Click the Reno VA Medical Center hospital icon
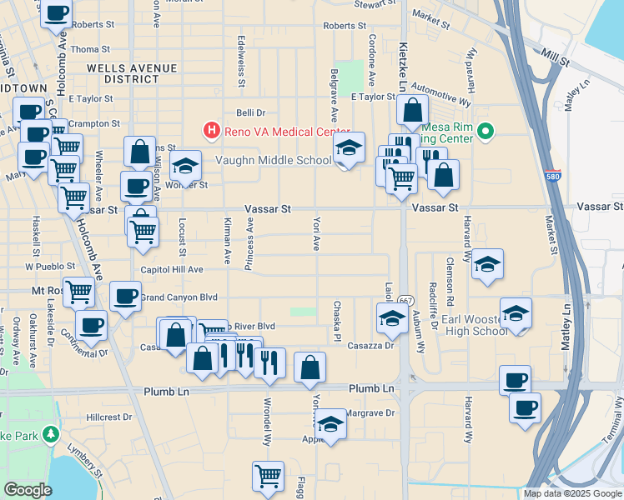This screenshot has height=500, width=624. coord(212,131)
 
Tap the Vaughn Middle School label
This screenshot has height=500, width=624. coord(274,161)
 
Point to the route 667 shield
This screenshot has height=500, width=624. coord(405,299)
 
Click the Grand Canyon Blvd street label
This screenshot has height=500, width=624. coord(179,297)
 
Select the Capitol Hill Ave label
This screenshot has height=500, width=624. coord(172,270)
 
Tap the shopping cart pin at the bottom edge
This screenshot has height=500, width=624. coord(268,476)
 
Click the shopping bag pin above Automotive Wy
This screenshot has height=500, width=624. coord(412,109)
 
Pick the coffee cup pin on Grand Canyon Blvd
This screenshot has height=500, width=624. coord(125,296)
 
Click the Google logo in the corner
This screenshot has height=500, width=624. coord(28,490)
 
